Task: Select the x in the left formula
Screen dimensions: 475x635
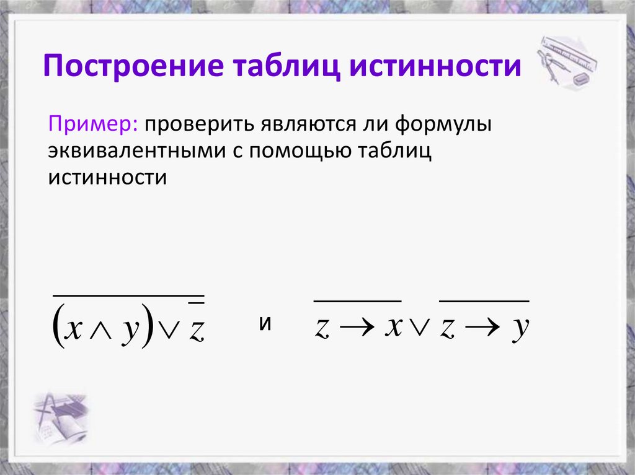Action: click(74, 330)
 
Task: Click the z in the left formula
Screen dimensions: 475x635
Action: click(196, 331)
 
